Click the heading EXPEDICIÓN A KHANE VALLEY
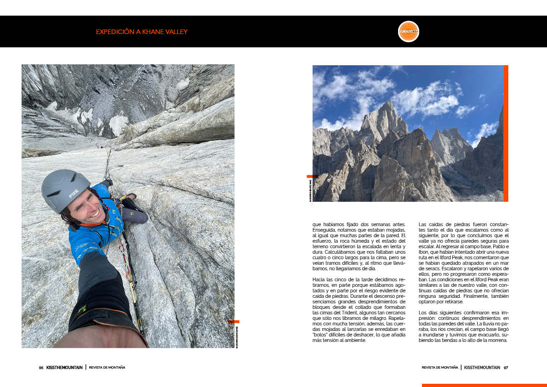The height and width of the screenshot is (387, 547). tap(142, 32)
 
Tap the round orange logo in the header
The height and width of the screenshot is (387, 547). tap(408, 31)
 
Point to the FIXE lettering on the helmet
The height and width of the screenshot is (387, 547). tap(74, 194)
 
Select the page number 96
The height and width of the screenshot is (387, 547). tap(41, 368)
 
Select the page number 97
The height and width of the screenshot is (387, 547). tap(506, 368)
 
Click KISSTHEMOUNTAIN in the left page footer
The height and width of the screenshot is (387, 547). tap(64, 368)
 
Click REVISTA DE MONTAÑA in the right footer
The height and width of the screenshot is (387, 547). tap(440, 368)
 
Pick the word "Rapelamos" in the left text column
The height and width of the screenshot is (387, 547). tap(395, 318)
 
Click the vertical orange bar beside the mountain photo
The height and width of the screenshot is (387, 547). tap(506, 133)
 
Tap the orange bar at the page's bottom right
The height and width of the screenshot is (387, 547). tap(484, 385)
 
